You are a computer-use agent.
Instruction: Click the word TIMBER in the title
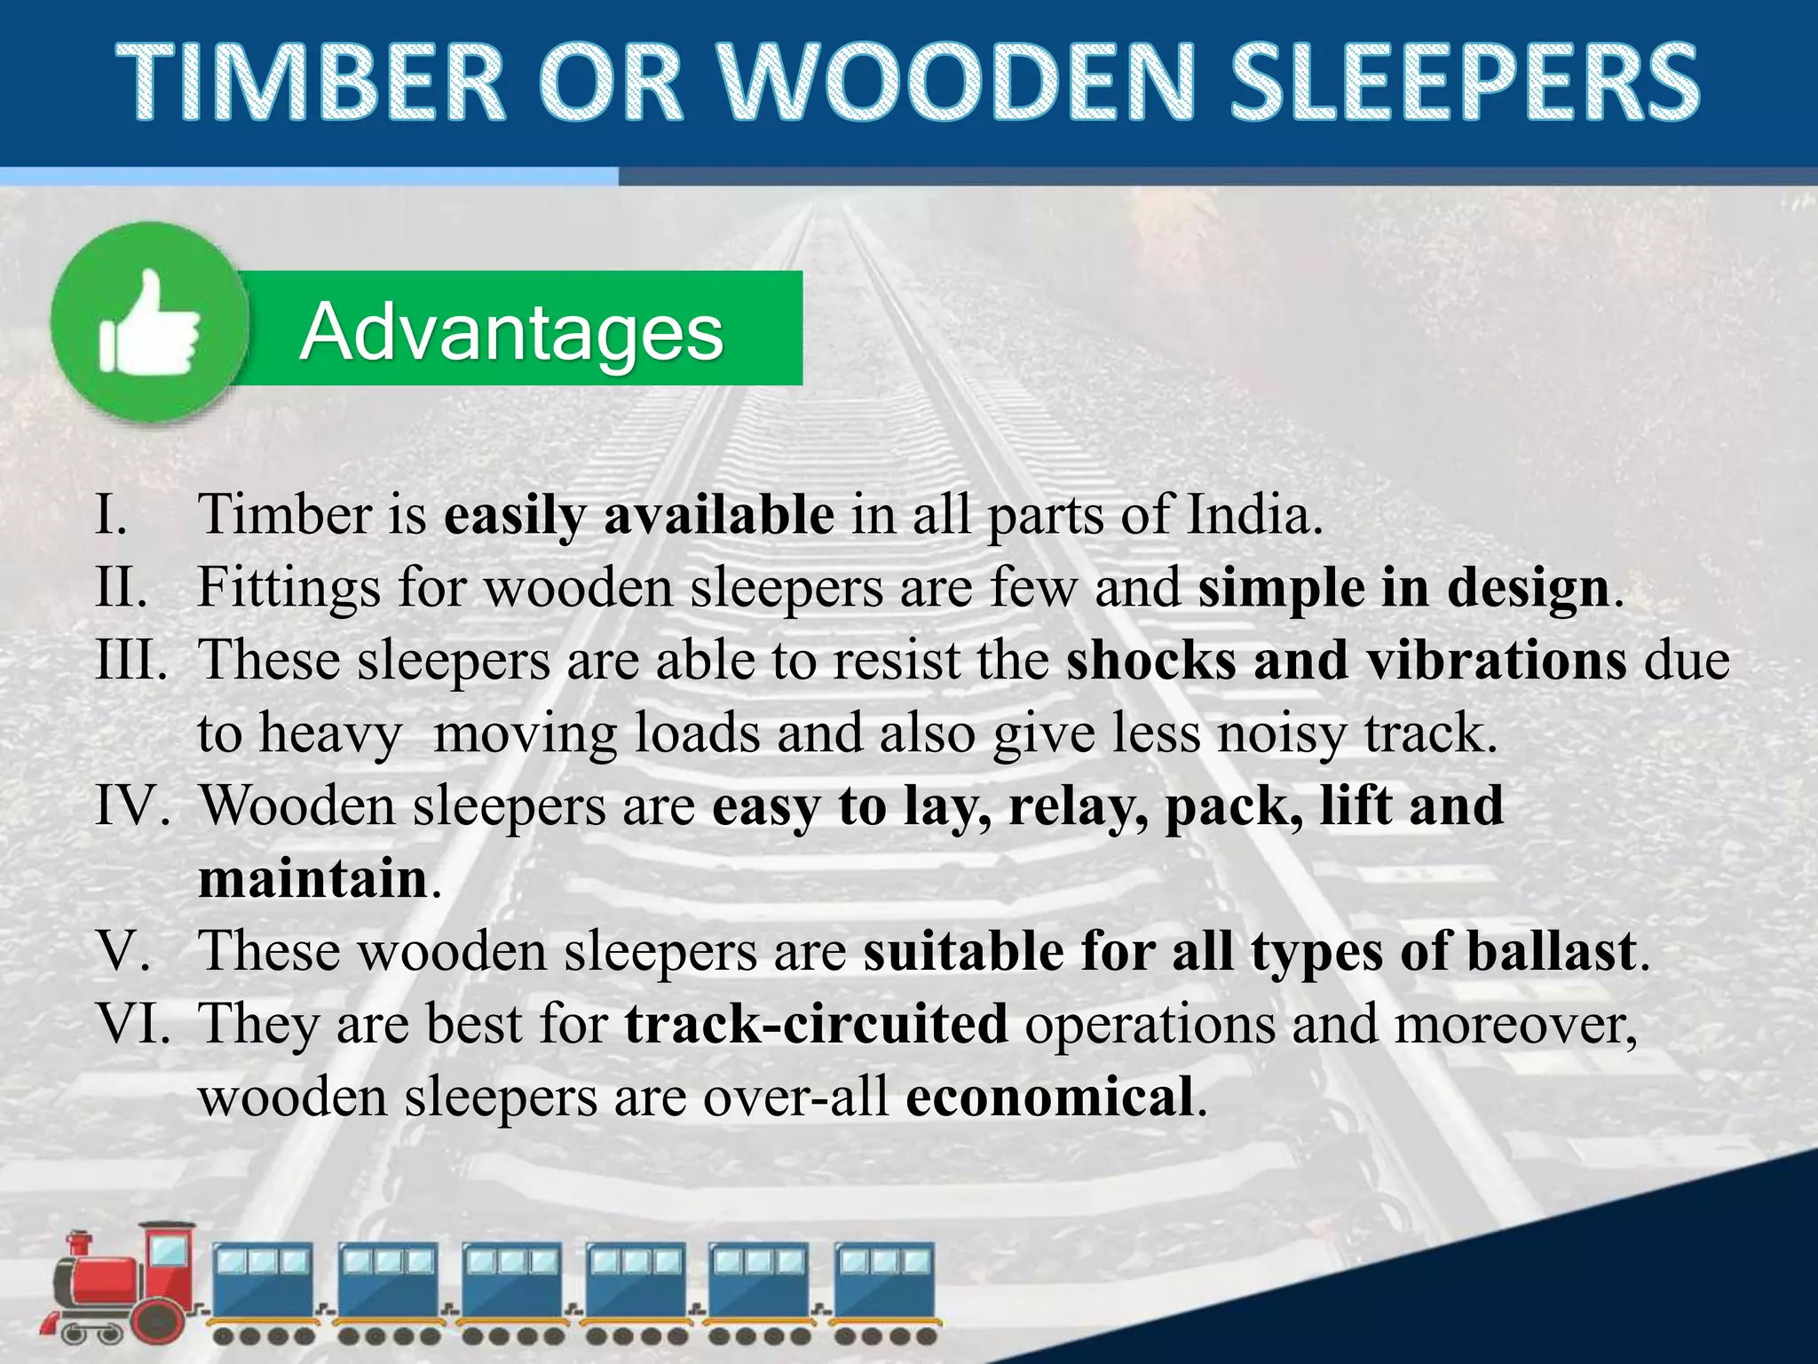(x=310, y=83)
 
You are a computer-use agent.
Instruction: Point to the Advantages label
(x=512, y=331)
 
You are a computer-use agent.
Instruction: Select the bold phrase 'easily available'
(x=639, y=516)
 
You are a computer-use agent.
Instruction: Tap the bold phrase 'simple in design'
(x=1403, y=588)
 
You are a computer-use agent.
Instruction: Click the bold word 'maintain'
(x=313, y=879)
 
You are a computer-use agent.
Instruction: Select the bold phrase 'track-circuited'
(x=816, y=1024)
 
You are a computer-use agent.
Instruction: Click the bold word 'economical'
(x=1049, y=1097)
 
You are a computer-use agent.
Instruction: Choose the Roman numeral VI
(x=134, y=1024)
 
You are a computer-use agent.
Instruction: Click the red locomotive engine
(x=124, y=1287)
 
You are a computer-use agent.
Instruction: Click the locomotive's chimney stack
(x=81, y=1248)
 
